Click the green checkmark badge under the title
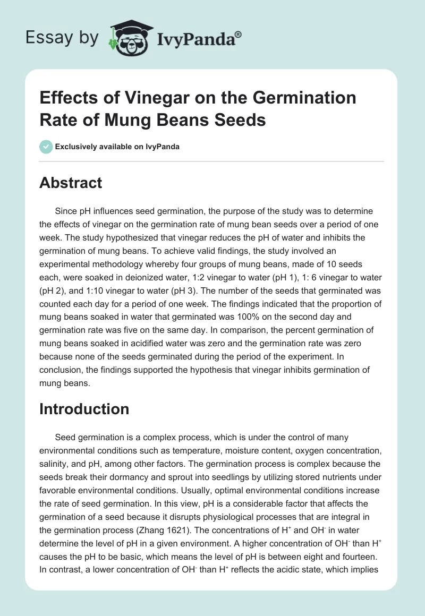(46, 147)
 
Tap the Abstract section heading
(71, 183)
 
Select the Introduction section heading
(84, 409)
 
